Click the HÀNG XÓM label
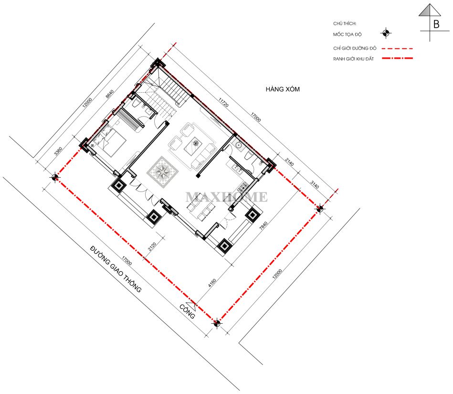(x=283, y=89)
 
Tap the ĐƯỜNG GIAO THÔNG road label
(x=116, y=269)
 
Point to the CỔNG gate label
(x=187, y=311)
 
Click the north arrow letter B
(x=436, y=24)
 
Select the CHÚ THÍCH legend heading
(x=345, y=23)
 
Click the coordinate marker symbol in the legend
(x=386, y=33)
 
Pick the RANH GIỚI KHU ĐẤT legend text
(x=353, y=59)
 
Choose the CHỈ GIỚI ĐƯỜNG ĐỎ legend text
(x=355, y=48)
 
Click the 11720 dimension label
(x=223, y=102)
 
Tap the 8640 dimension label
(x=110, y=94)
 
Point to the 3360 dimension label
(x=58, y=151)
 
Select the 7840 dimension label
(x=263, y=225)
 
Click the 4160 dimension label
(x=212, y=283)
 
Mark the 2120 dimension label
(x=152, y=246)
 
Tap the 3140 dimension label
(x=315, y=184)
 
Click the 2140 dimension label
(x=289, y=162)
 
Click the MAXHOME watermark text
(x=226, y=197)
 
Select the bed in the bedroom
(x=111, y=142)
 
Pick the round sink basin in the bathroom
(x=239, y=145)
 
